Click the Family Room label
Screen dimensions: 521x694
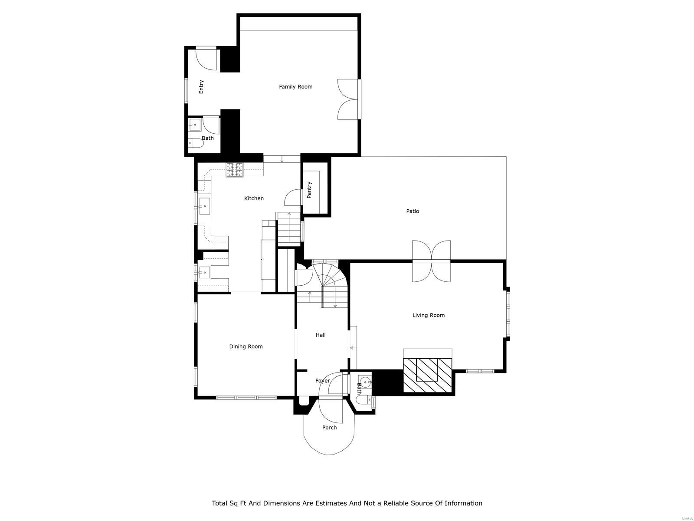[x=295, y=87]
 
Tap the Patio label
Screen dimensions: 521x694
[x=412, y=211]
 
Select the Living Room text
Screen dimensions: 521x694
[x=428, y=316]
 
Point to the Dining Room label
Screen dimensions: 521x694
[x=246, y=346]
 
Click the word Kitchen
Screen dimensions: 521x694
[x=254, y=198]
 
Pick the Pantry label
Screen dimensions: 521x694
[x=309, y=190]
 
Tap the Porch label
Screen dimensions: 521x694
[x=329, y=428]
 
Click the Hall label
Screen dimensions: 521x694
[x=321, y=335]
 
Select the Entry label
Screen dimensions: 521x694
[x=201, y=87]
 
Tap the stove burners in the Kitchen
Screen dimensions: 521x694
[x=234, y=170]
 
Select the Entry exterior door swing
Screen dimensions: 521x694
[x=206, y=59]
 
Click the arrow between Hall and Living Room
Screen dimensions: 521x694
[x=353, y=348]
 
